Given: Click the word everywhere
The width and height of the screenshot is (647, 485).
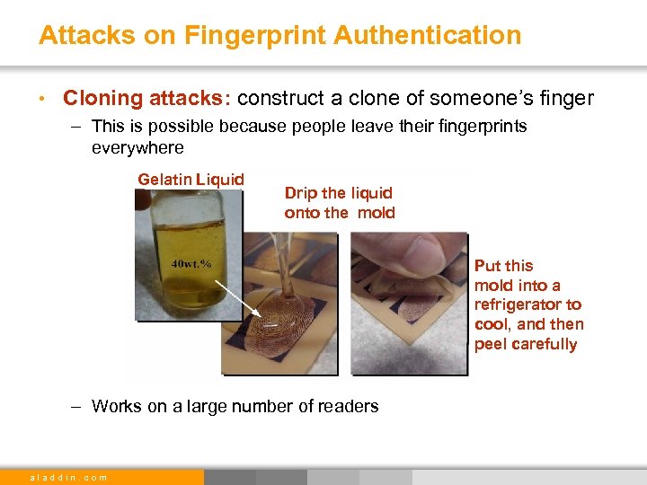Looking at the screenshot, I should click(137, 147).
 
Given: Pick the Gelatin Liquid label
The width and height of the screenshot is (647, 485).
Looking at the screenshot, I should click(191, 179).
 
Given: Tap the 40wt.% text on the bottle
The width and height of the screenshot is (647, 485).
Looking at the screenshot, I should click(191, 263).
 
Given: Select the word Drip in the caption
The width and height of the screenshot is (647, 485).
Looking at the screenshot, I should click(301, 192).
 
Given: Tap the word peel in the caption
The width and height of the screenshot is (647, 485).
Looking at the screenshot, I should click(490, 344).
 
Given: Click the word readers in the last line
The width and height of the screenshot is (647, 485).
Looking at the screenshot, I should click(350, 406).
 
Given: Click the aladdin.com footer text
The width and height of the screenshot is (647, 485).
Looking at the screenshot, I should click(69, 477).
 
